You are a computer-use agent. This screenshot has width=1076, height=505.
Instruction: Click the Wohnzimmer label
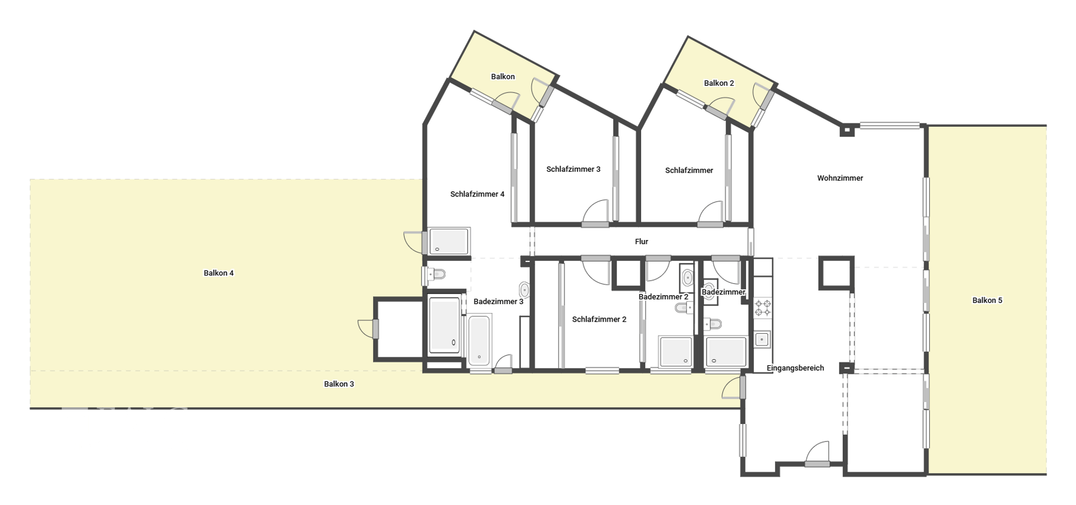[x=840, y=178]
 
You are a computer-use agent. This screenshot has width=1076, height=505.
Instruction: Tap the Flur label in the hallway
[x=641, y=242]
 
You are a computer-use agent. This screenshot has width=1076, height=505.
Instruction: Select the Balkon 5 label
[x=987, y=301]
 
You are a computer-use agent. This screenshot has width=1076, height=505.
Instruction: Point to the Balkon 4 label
[x=219, y=273]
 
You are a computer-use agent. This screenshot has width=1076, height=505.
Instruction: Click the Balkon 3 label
[x=339, y=384]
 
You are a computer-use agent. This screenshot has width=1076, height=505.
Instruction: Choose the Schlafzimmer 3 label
[x=573, y=169]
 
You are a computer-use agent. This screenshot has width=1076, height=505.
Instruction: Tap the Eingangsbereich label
[x=795, y=369]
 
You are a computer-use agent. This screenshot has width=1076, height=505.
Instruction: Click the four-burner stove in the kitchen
[x=763, y=308]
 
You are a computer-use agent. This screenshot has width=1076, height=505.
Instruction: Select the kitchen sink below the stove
[x=762, y=339]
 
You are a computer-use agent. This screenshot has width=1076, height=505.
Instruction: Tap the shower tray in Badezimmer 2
[x=676, y=351]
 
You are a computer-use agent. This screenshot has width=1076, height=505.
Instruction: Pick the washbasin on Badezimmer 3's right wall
[x=524, y=290]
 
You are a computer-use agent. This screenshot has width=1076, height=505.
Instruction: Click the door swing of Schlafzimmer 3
[x=595, y=213]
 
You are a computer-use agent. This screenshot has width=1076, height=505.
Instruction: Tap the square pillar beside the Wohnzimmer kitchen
[x=836, y=273]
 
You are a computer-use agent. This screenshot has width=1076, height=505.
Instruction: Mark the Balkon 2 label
[x=718, y=84]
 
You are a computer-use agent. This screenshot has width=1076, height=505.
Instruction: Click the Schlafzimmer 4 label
[x=477, y=195]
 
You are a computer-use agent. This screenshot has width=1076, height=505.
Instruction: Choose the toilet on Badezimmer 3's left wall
[x=434, y=274]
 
